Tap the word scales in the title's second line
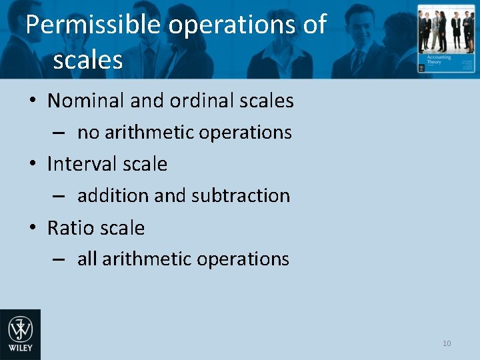tap(87, 60)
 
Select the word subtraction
tap(241, 196)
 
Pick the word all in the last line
tap(87, 259)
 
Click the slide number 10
tap(447, 343)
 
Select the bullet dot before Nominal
tap(33, 102)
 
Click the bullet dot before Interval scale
tap(33, 165)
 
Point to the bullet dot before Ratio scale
tap(33, 229)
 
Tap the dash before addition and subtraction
tap(59, 197)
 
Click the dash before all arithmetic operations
tap(59, 260)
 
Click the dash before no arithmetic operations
tap(59, 133)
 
